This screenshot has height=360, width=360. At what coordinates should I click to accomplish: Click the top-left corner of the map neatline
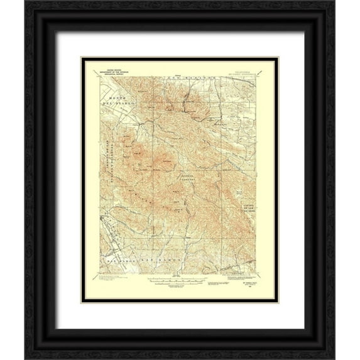tap(99, 76)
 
